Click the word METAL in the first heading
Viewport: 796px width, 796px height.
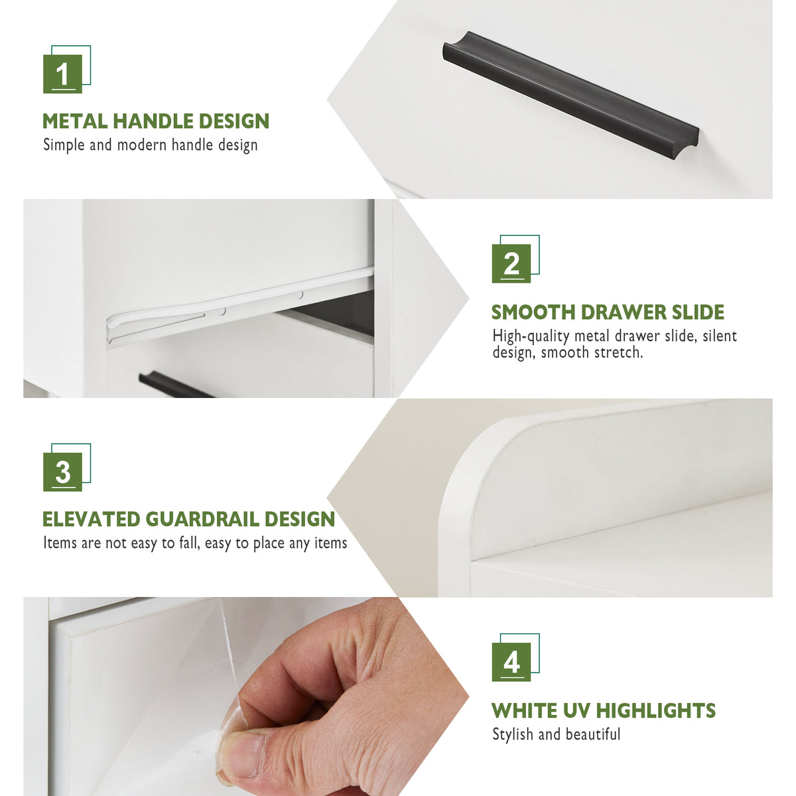coord(75,121)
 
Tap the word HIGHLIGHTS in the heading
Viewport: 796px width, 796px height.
coord(656,711)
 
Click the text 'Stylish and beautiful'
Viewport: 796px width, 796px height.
coord(557,734)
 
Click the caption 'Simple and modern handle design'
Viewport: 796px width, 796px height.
coord(151,145)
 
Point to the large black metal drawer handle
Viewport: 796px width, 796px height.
coord(571,95)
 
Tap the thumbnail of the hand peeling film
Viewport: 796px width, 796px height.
coord(246,696)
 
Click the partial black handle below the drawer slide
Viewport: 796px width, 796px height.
coord(176,386)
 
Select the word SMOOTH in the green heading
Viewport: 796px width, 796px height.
coord(533,312)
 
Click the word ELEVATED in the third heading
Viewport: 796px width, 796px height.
coord(92,519)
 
